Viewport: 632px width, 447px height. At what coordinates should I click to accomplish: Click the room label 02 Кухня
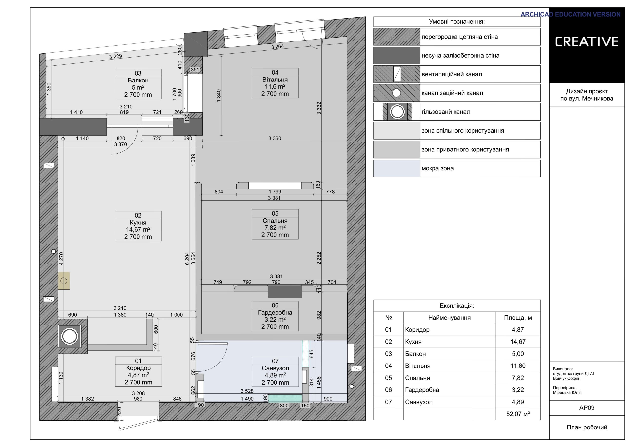tap(138, 226)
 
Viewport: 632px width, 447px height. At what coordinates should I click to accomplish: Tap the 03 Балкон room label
tap(138, 84)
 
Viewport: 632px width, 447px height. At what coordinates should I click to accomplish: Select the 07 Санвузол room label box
tap(275, 372)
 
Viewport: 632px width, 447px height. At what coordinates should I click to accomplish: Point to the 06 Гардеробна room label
tap(275, 316)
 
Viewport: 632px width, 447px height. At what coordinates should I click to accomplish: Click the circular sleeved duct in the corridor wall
tap(69, 336)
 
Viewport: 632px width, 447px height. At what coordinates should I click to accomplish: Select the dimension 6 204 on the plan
tap(187, 259)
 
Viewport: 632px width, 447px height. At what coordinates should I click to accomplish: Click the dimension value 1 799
tap(275, 192)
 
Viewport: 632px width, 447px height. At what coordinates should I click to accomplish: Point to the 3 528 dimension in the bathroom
tap(247, 391)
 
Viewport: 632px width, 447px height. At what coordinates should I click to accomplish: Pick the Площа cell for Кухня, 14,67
tap(518, 342)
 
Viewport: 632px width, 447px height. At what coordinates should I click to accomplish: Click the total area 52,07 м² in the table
tap(518, 414)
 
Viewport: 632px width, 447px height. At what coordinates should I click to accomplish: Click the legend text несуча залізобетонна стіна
tap(460, 56)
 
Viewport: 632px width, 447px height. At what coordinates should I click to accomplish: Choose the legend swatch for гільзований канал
tap(397, 112)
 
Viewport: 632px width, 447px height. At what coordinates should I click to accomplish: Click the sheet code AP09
tap(587, 408)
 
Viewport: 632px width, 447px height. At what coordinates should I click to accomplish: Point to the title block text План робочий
tap(587, 427)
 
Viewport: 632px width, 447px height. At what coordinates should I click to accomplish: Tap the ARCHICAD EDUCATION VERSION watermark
tap(570, 14)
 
